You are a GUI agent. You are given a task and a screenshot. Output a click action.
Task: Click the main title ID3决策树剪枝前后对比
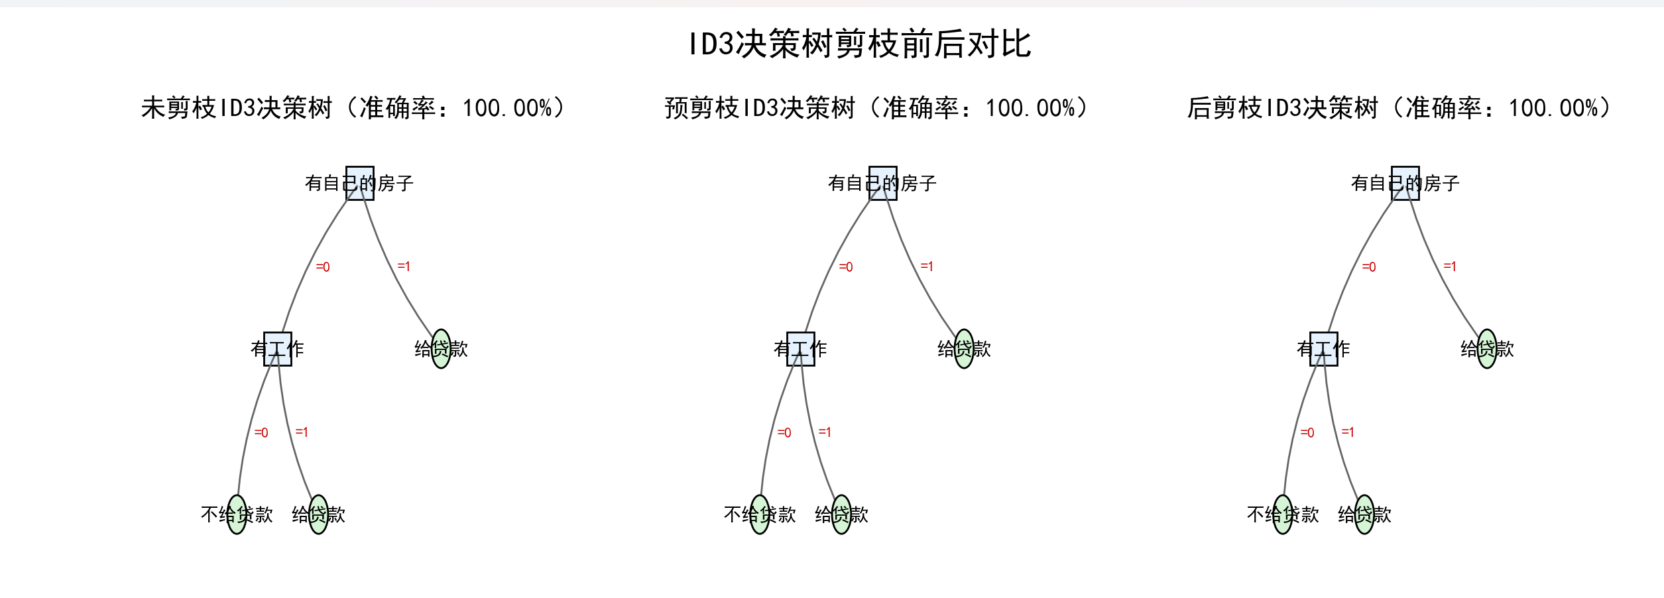(x=860, y=44)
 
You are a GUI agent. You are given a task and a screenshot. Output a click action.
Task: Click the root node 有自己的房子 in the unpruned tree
(x=359, y=183)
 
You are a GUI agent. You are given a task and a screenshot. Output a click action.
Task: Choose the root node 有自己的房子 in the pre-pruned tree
(x=882, y=183)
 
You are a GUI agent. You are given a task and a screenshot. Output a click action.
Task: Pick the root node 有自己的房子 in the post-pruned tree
(x=1405, y=183)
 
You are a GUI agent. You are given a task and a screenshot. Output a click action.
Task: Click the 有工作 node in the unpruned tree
(x=277, y=349)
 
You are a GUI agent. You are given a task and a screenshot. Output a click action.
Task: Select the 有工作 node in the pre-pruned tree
(x=800, y=349)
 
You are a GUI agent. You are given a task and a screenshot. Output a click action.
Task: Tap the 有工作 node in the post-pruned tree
(x=1323, y=349)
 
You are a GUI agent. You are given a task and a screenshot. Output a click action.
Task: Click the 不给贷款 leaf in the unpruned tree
(x=237, y=514)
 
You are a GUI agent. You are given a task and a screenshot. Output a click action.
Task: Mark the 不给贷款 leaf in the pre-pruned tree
(x=760, y=514)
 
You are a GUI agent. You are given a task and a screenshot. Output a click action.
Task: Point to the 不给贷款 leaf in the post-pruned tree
(x=1283, y=514)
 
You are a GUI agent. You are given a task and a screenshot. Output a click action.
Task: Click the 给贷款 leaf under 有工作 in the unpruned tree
(x=318, y=514)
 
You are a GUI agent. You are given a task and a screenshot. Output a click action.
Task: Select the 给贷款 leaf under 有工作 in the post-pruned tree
(x=1364, y=514)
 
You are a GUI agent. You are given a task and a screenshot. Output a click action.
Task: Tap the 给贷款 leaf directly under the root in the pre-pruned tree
(x=964, y=349)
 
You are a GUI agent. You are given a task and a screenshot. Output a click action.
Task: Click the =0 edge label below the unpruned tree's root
(x=323, y=267)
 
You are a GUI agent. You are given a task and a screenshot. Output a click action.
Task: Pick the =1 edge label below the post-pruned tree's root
(x=1450, y=267)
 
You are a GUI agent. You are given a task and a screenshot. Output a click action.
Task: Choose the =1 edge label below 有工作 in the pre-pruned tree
(x=825, y=432)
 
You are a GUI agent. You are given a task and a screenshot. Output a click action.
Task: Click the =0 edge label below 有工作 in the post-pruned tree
(x=1307, y=433)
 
